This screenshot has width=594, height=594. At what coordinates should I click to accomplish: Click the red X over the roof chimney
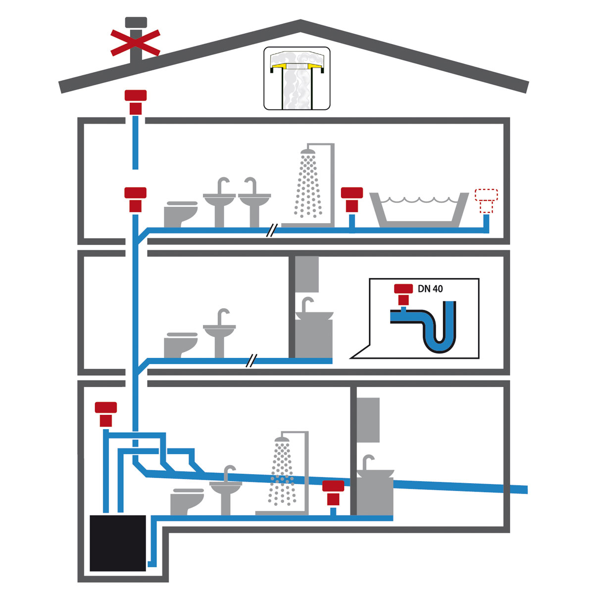pos(135,43)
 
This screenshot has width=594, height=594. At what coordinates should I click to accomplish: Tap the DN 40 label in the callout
pos(430,289)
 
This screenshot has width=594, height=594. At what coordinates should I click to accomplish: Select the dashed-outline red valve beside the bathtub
pos(486,200)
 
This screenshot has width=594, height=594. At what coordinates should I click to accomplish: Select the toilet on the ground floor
pos(187,501)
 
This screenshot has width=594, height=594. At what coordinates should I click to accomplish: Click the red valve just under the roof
pos(135,101)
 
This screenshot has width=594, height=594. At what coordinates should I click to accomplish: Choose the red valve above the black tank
pos(106,414)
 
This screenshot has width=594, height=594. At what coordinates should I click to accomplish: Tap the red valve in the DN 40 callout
pos(403,294)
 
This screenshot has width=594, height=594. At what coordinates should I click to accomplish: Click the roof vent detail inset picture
pos(297,78)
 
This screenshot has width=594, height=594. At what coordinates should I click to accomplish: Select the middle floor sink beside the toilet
pos(219,329)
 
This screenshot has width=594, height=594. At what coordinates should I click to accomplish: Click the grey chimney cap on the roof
pos(136,23)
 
